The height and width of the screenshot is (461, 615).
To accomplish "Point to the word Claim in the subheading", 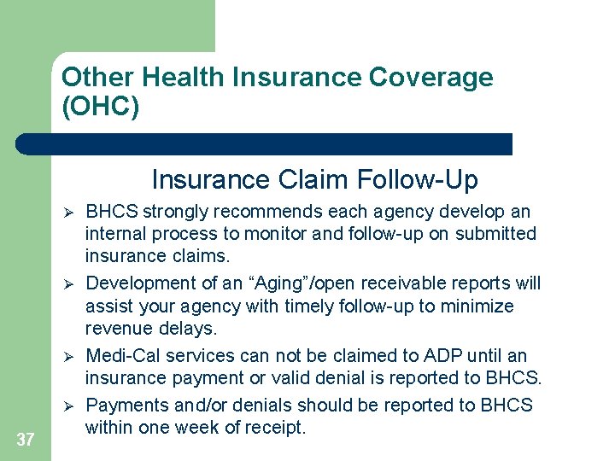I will tap(306, 180).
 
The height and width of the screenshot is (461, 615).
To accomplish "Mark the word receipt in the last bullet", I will tap(274, 428).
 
